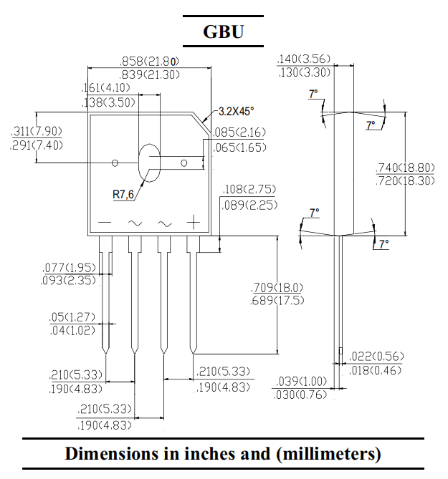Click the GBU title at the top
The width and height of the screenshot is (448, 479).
pos(223,32)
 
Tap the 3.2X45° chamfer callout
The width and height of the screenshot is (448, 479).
pos(236,111)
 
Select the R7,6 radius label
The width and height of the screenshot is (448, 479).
pos(123,193)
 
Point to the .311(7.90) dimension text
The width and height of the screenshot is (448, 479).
pos(37,132)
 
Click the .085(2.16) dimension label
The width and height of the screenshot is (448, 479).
pos(240,132)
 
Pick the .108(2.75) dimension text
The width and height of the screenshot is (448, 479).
pos(249,190)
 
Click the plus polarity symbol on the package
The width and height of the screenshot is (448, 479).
pos(192,223)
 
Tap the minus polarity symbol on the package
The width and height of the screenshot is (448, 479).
pos(105,223)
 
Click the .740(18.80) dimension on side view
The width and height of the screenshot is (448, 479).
pos(405,168)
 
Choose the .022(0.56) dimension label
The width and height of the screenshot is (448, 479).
pos(376,357)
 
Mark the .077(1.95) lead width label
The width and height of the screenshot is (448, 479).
pos(68,268)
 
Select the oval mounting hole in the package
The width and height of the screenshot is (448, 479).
pos(149,163)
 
